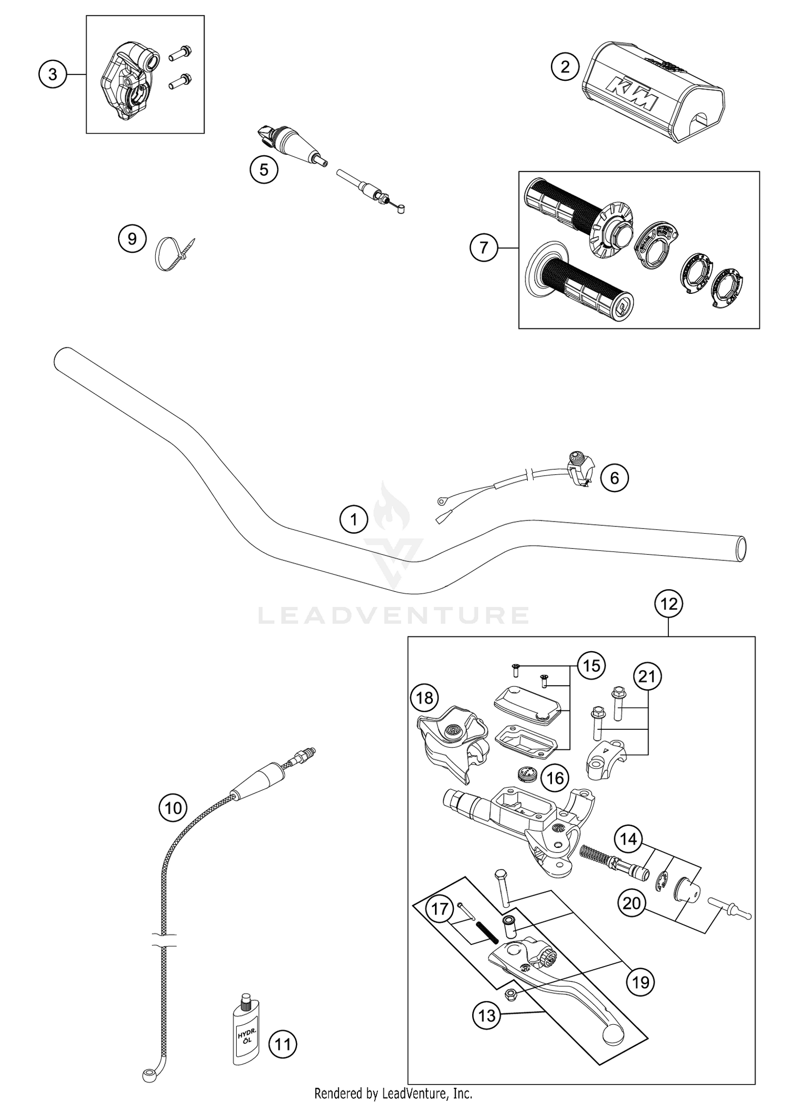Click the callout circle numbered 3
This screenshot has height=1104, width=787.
coord(52,75)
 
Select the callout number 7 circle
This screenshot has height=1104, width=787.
coord(483,247)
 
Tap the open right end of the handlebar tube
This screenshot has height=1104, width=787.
coord(740,548)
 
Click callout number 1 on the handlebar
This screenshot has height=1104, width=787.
coord(354,519)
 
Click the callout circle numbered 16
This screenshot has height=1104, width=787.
coord(555,778)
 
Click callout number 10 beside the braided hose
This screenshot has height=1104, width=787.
coord(173,809)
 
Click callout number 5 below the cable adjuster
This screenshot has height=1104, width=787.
coord(264,169)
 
